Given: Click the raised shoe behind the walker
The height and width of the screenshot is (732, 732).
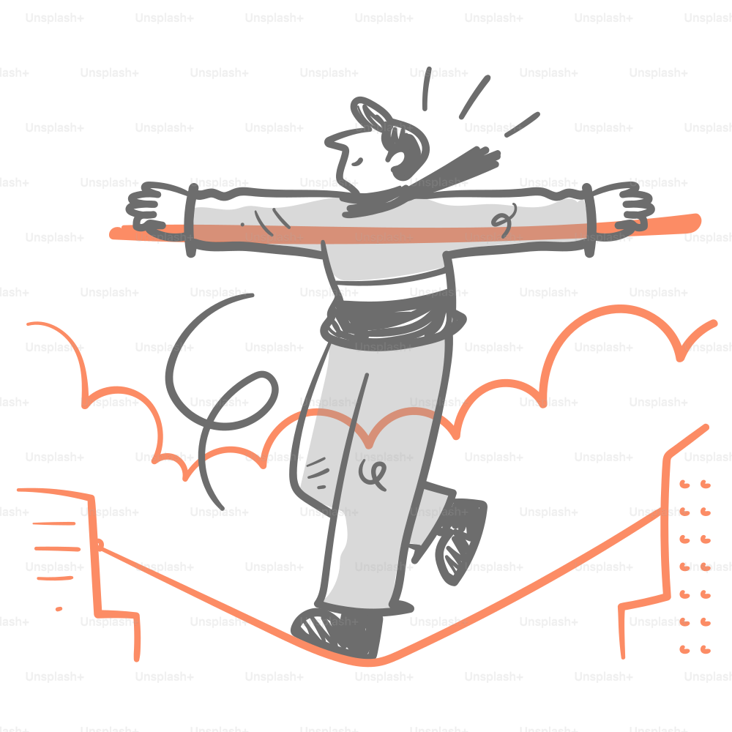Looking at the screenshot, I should [x=461, y=538].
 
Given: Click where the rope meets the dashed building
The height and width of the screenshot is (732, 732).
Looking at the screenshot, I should [x=99, y=545].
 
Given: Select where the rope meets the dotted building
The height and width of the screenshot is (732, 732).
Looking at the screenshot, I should [x=662, y=512].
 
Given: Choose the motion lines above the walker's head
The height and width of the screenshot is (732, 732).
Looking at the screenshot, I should [x=476, y=99].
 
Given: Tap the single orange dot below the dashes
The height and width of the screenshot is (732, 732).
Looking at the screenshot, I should [x=59, y=608].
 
